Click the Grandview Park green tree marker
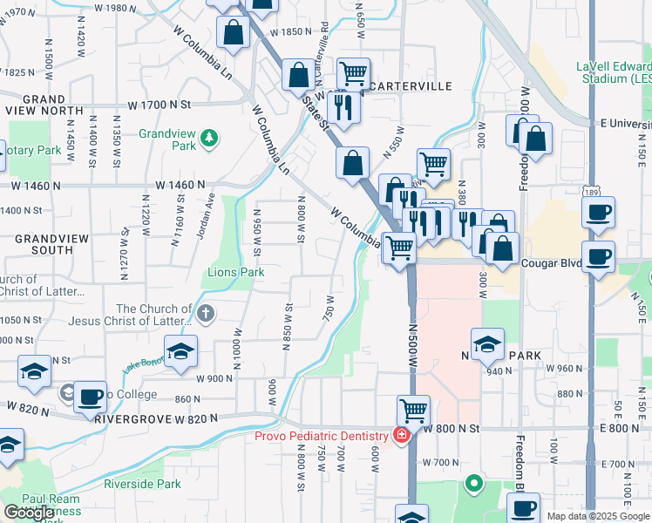tap(209, 138)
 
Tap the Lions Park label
tap(234, 273)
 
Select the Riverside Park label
tap(142, 484)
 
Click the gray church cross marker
tap(205, 314)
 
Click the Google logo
tap(30, 513)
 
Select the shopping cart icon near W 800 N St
tap(413, 409)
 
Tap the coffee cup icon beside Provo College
tap(90, 396)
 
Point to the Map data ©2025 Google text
tap(597, 516)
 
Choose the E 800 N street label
tap(619, 428)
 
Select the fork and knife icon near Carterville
tap(343, 107)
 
